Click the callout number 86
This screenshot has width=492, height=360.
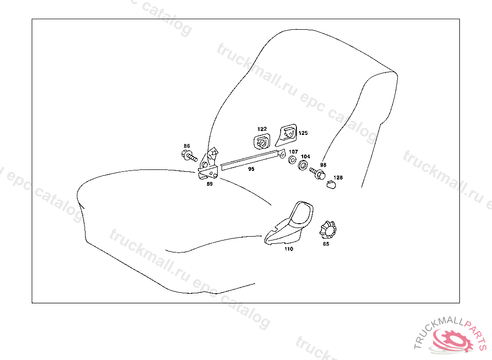(187, 146)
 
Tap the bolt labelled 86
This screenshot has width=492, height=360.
(189, 156)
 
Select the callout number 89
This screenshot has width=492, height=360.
(209, 183)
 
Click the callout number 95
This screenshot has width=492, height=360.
(251, 168)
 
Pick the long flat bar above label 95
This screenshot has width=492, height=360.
(250, 159)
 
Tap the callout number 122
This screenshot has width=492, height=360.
(262, 129)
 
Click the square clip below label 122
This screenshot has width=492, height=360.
(262, 142)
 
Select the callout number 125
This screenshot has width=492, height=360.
(303, 133)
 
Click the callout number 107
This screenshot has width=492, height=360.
(293, 152)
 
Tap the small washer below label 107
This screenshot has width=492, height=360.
(292, 159)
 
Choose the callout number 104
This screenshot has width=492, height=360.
(306, 156)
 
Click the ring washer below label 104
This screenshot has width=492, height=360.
(303, 165)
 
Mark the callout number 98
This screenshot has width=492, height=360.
(323, 165)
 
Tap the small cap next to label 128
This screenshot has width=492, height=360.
(331, 184)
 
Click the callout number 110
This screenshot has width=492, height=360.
(288, 249)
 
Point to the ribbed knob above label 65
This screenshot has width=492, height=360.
(327, 230)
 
